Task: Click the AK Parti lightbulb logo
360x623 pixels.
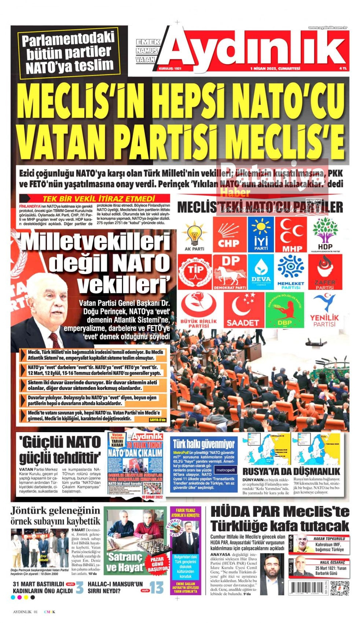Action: (194, 235)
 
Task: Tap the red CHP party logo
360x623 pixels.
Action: (228, 234)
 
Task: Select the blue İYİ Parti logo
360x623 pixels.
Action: (261, 234)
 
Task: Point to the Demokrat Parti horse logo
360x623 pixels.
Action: (229, 272)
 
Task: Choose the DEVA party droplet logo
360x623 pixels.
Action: (261, 272)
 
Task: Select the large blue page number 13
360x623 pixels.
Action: (157, 587)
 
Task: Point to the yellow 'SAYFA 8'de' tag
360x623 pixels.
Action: (158, 420)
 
